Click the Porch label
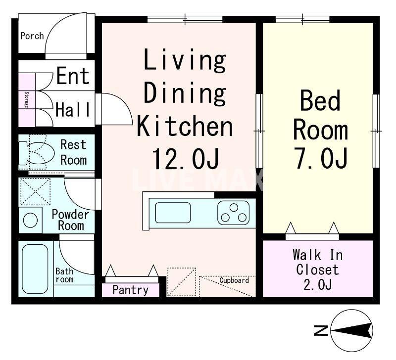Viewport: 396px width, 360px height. (x=32, y=36)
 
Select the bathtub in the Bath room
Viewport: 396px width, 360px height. (x=35, y=269)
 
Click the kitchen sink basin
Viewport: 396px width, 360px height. (x=173, y=213)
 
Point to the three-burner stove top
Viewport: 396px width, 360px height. (x=234, y=213)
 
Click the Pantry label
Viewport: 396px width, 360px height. (x=130, y=290)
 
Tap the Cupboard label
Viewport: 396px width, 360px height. (x=234, y=280)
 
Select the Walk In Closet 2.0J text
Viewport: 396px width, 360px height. (x=318, y=270)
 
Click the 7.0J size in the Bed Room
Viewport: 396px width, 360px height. (x=321, y=158)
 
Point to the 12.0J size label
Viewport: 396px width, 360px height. (x=186, y=159)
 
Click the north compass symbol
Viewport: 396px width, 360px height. (x=352, y=330)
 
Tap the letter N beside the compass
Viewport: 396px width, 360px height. (x=321, y=330)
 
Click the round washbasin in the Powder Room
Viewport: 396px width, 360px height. (x=30, y=220)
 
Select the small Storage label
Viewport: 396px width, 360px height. (x=26, y=100)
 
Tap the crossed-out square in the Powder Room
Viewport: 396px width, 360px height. (x=35, y=191)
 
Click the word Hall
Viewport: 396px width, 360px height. (x=73, y=110)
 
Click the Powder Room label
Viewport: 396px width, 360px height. (x=70, y=220)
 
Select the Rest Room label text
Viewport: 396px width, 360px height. (x=73, y=152)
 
